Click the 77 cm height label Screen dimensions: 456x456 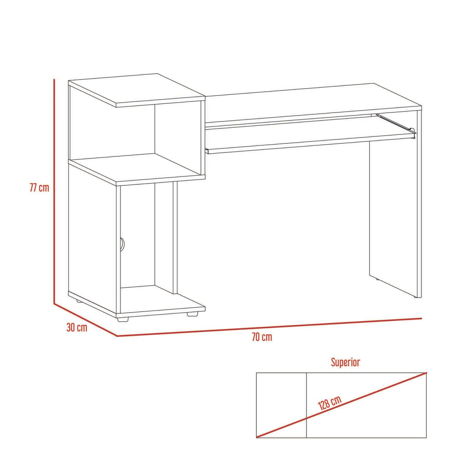click(x=39, y=188)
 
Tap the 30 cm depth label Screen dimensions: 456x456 click(x=77, y=328)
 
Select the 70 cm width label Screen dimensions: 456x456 click(x=262, y=337)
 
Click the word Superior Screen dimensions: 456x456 click(x=346, y=362)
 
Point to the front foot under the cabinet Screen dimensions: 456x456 click(x=123, y=319)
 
